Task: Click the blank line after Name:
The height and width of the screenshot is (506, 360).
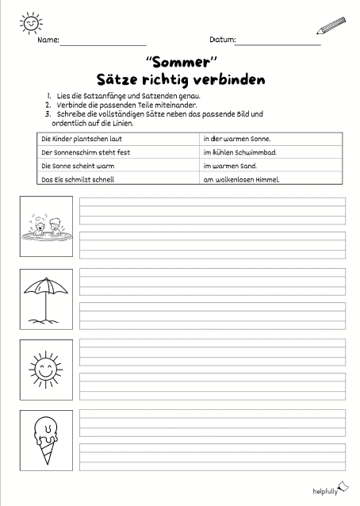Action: click(103, 41)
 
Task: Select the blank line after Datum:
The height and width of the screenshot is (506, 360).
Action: click(278, 41)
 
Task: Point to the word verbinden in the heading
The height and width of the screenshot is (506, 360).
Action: click(228, 80)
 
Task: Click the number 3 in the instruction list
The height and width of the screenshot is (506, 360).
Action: click(48, 114)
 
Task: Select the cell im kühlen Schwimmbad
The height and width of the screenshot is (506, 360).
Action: click(241, 151)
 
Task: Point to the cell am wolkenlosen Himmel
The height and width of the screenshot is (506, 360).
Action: click(241, 180)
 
